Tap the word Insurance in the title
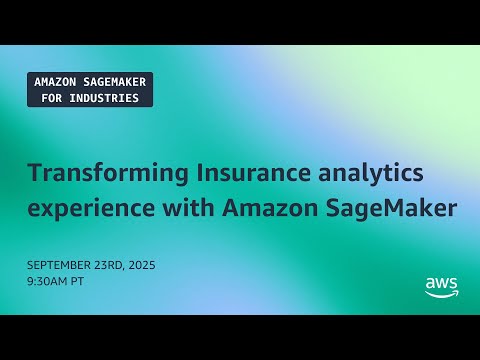[224, 173]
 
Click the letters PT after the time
[80, 281]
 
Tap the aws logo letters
[441, 284]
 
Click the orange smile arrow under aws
[441, 294]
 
